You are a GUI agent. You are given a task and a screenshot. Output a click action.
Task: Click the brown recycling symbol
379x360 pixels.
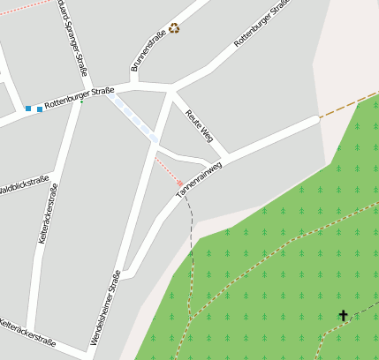pos(174,27)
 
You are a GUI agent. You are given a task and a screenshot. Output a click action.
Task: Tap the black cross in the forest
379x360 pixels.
pos(343,315)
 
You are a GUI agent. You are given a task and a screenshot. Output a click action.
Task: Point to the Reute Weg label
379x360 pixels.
pos(200,124)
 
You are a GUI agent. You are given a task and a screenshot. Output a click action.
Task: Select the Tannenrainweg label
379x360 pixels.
pos(199,178)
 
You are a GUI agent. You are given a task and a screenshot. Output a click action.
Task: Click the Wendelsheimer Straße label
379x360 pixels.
pos(105,307)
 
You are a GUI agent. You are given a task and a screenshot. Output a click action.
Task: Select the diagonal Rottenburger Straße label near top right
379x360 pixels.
pos(262,23)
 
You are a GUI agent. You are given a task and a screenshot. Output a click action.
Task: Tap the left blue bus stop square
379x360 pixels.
pos(28,109)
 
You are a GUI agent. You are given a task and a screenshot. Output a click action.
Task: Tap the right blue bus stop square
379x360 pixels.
pos(40,109)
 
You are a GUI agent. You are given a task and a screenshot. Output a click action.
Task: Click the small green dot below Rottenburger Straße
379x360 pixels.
pos(82,102)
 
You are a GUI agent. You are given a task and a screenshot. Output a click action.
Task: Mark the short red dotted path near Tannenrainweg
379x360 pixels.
pos(169,171)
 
